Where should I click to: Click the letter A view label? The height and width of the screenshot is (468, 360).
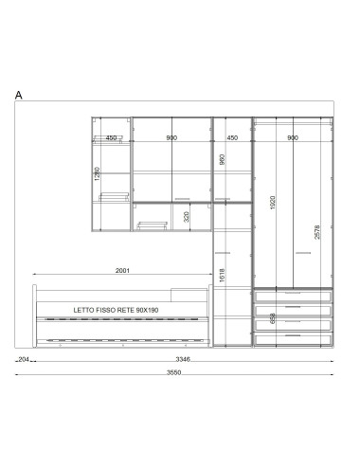pyautogui.click(x=19, y=95)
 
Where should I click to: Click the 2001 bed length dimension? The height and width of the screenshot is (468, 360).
pyautogui.click(x=122, y=271)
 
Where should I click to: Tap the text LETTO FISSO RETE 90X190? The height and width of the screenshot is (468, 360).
pyautogui.click(x=116, y=310)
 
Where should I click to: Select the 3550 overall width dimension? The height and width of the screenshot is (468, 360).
pyautogui.click(x=174, y=372)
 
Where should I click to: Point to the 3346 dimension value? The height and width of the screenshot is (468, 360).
pyautogui.click(x=183, y=359)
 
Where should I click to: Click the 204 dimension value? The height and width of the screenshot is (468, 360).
pyautogui.click(x=24, y=359)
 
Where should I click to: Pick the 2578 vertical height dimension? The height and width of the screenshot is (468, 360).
pyautogui.click(x=317, y=232)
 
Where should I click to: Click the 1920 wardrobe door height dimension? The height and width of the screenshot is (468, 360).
pyautogui.click(x=273, y=203)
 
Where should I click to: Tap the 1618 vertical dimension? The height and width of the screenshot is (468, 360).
pyautogui.click(x=222, y=276)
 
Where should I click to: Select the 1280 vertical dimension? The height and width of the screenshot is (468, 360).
pyautogui.click(x=98, y=174)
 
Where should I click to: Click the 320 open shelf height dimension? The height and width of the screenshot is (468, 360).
pyautogui.click(x=187, y=217)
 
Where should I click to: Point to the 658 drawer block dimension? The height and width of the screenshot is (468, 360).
pyautogui.click(x=273, y=318)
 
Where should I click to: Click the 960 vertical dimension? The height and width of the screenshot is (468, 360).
pyautogui.click(x=222, y=159)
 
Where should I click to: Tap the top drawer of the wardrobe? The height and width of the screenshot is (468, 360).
pyautogui.click(x=293, y=297)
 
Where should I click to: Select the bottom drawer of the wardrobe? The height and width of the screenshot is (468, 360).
pyautogui.click(x=293, y=339)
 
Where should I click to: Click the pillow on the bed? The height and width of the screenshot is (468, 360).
pyautogui.click(x=189, y=295)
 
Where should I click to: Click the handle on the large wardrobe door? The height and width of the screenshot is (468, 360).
pyautogui.click(x=303, y=253)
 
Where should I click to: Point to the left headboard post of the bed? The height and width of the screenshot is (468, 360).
pyautogui.click(x=35, y=315)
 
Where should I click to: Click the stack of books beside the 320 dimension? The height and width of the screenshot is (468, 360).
pyautogui.click(x=153, y=225)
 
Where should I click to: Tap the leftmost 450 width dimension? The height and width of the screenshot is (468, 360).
pyautogui.click(x=111, y=138)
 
